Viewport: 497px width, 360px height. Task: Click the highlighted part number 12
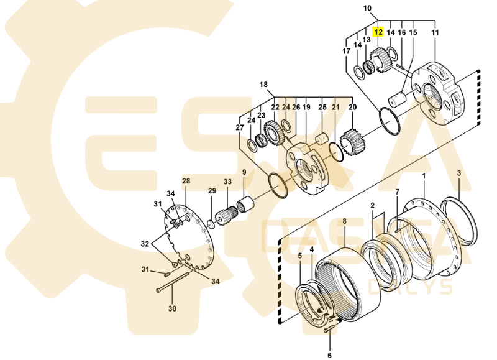coord(378,30)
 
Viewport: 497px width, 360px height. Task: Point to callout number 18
coord(263,85)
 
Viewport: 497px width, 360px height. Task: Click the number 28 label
coord(185,181)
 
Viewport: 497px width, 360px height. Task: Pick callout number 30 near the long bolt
coord(173,308)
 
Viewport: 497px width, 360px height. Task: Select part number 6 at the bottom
coord(330,356)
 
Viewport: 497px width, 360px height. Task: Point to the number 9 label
coord(244,172)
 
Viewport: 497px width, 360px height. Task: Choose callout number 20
coord(352,108)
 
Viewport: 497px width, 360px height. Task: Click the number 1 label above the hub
coord(424,177)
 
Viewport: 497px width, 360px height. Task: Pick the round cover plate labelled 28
coord(189,233)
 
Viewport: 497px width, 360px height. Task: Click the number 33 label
coord(228,182)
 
